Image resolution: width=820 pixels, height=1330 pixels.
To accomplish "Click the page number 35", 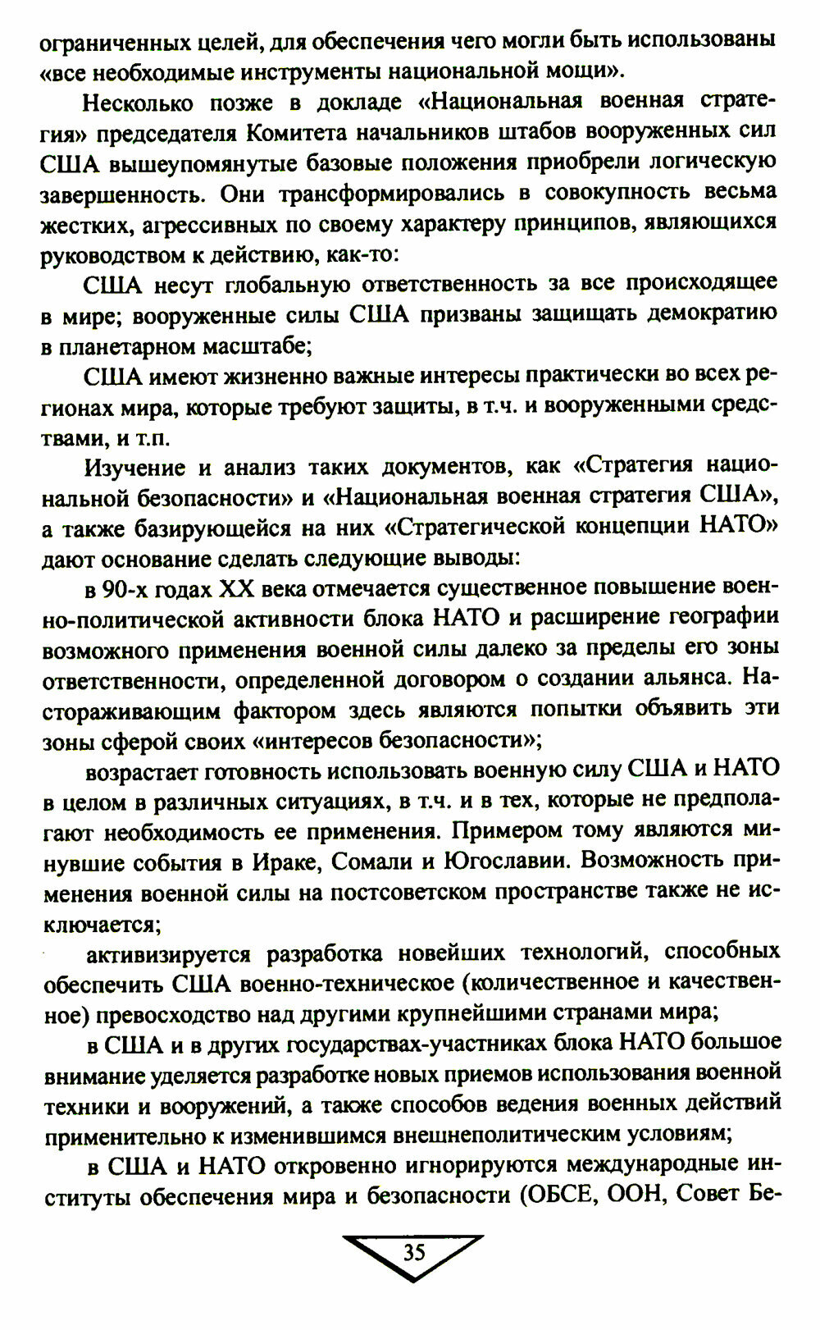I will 413,1252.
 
